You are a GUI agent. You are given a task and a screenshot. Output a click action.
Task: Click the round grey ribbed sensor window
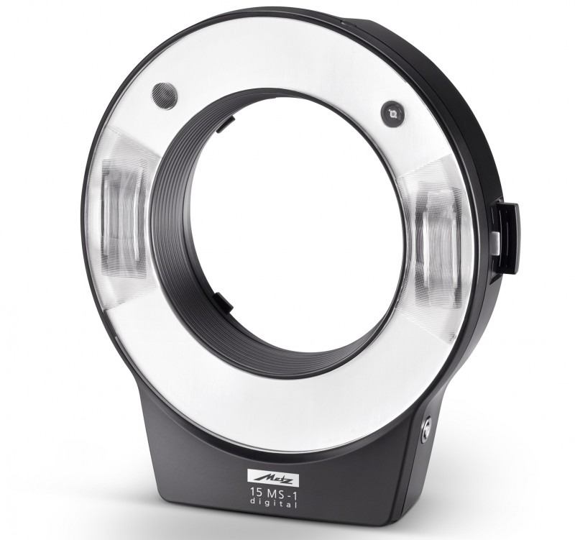pyautogui.click(x=164, y=95)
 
